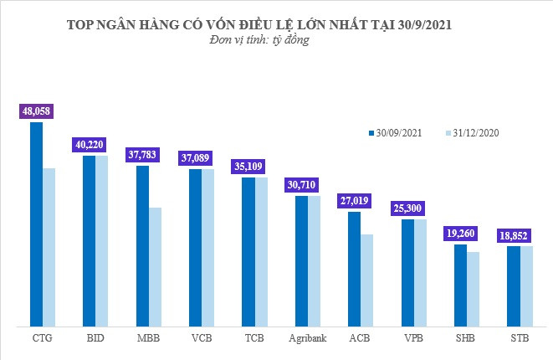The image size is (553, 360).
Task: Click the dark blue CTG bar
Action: (37, 224)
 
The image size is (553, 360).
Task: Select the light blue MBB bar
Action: (155, 266)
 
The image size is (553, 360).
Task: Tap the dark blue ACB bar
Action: (354, 268)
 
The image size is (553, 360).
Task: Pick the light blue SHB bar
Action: (473, 288)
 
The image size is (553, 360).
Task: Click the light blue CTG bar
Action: (49, 246)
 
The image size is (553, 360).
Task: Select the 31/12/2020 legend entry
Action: (474, 132)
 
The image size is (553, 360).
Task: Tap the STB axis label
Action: (520, 338)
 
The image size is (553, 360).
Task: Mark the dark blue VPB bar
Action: (407, 272)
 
